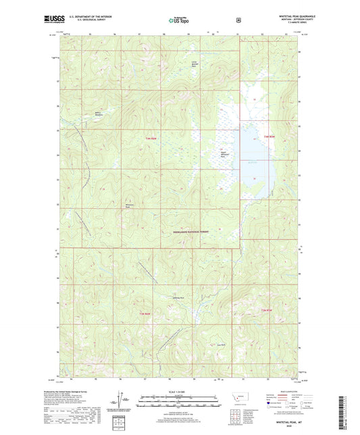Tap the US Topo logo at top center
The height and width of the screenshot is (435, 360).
(179, 21)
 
